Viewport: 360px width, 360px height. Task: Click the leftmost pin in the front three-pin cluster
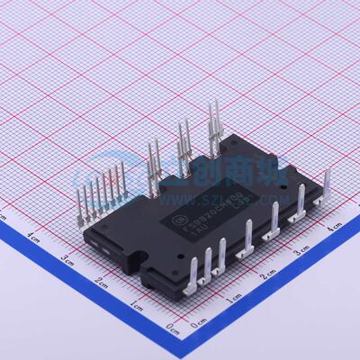tap(196, 269)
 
